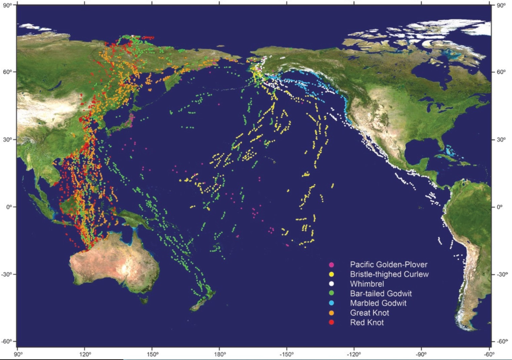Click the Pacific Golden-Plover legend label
(x=389, y=265)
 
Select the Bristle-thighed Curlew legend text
(x=389, y=274)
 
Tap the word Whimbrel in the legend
(x=367, y=284)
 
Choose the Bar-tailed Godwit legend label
(x=381, y=293)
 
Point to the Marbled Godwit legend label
(x=378, y=303)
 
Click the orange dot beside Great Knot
(x=332, y=313)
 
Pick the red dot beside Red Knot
(x=332, y=322)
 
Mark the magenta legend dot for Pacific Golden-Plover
(x=332, y=265)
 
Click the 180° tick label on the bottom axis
(x=220, y=354)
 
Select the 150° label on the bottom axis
(x=152, y=354)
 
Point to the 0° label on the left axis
(x=9, y=207)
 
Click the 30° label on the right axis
(x=501, y=139)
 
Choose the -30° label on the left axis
(x=8, y=274)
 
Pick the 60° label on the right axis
(x=501, y=72)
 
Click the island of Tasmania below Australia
(x=144, y=299)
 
